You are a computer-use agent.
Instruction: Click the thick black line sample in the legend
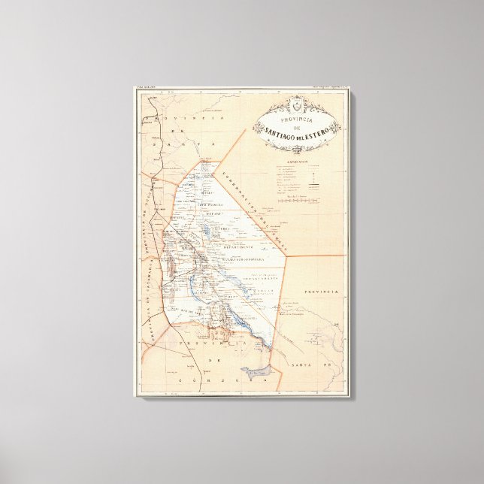(x=301, y=179)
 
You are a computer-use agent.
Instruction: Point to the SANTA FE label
(x=310, y=365)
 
